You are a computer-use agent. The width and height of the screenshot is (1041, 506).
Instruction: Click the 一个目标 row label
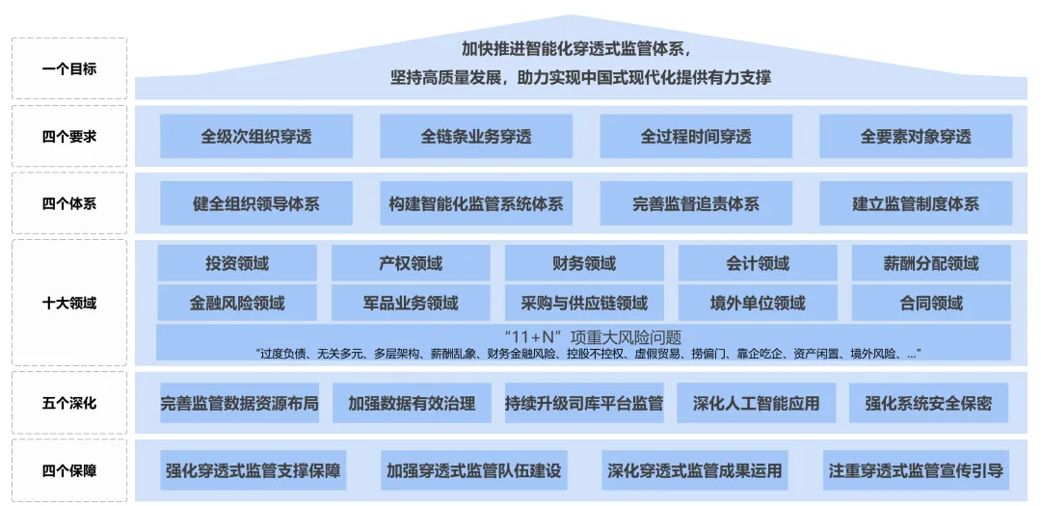point(69,68)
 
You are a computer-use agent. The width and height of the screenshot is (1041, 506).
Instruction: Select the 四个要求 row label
point(69,136)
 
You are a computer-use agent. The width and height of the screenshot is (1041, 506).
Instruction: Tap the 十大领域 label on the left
point(69,303)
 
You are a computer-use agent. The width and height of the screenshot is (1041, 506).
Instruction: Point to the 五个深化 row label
point(69,403)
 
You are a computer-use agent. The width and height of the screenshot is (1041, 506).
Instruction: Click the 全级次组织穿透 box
point(256,137)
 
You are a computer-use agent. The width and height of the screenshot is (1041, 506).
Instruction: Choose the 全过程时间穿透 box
point(696,137)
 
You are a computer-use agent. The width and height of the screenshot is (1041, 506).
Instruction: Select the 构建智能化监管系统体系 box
point(476,204)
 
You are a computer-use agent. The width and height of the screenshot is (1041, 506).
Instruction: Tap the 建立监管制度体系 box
point(916,204)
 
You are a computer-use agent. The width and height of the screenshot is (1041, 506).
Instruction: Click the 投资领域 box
point(237,263)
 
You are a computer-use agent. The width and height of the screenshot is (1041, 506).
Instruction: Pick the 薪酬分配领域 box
point(931,263)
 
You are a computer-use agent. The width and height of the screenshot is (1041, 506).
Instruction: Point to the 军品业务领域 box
point(411,303)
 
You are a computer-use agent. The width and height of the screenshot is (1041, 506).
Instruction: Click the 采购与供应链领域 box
point(584,303)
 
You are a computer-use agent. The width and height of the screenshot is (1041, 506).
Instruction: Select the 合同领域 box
point(931,303)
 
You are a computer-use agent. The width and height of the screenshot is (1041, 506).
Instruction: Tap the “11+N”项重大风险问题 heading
point(584,337)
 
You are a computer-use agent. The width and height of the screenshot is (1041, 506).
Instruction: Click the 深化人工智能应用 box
point(756,404)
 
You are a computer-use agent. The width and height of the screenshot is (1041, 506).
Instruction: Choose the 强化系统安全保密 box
point(928,404)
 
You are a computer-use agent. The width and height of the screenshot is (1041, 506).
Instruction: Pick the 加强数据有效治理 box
point(412,404)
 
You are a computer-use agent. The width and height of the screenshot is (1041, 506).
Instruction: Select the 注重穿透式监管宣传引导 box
point(916,471)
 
